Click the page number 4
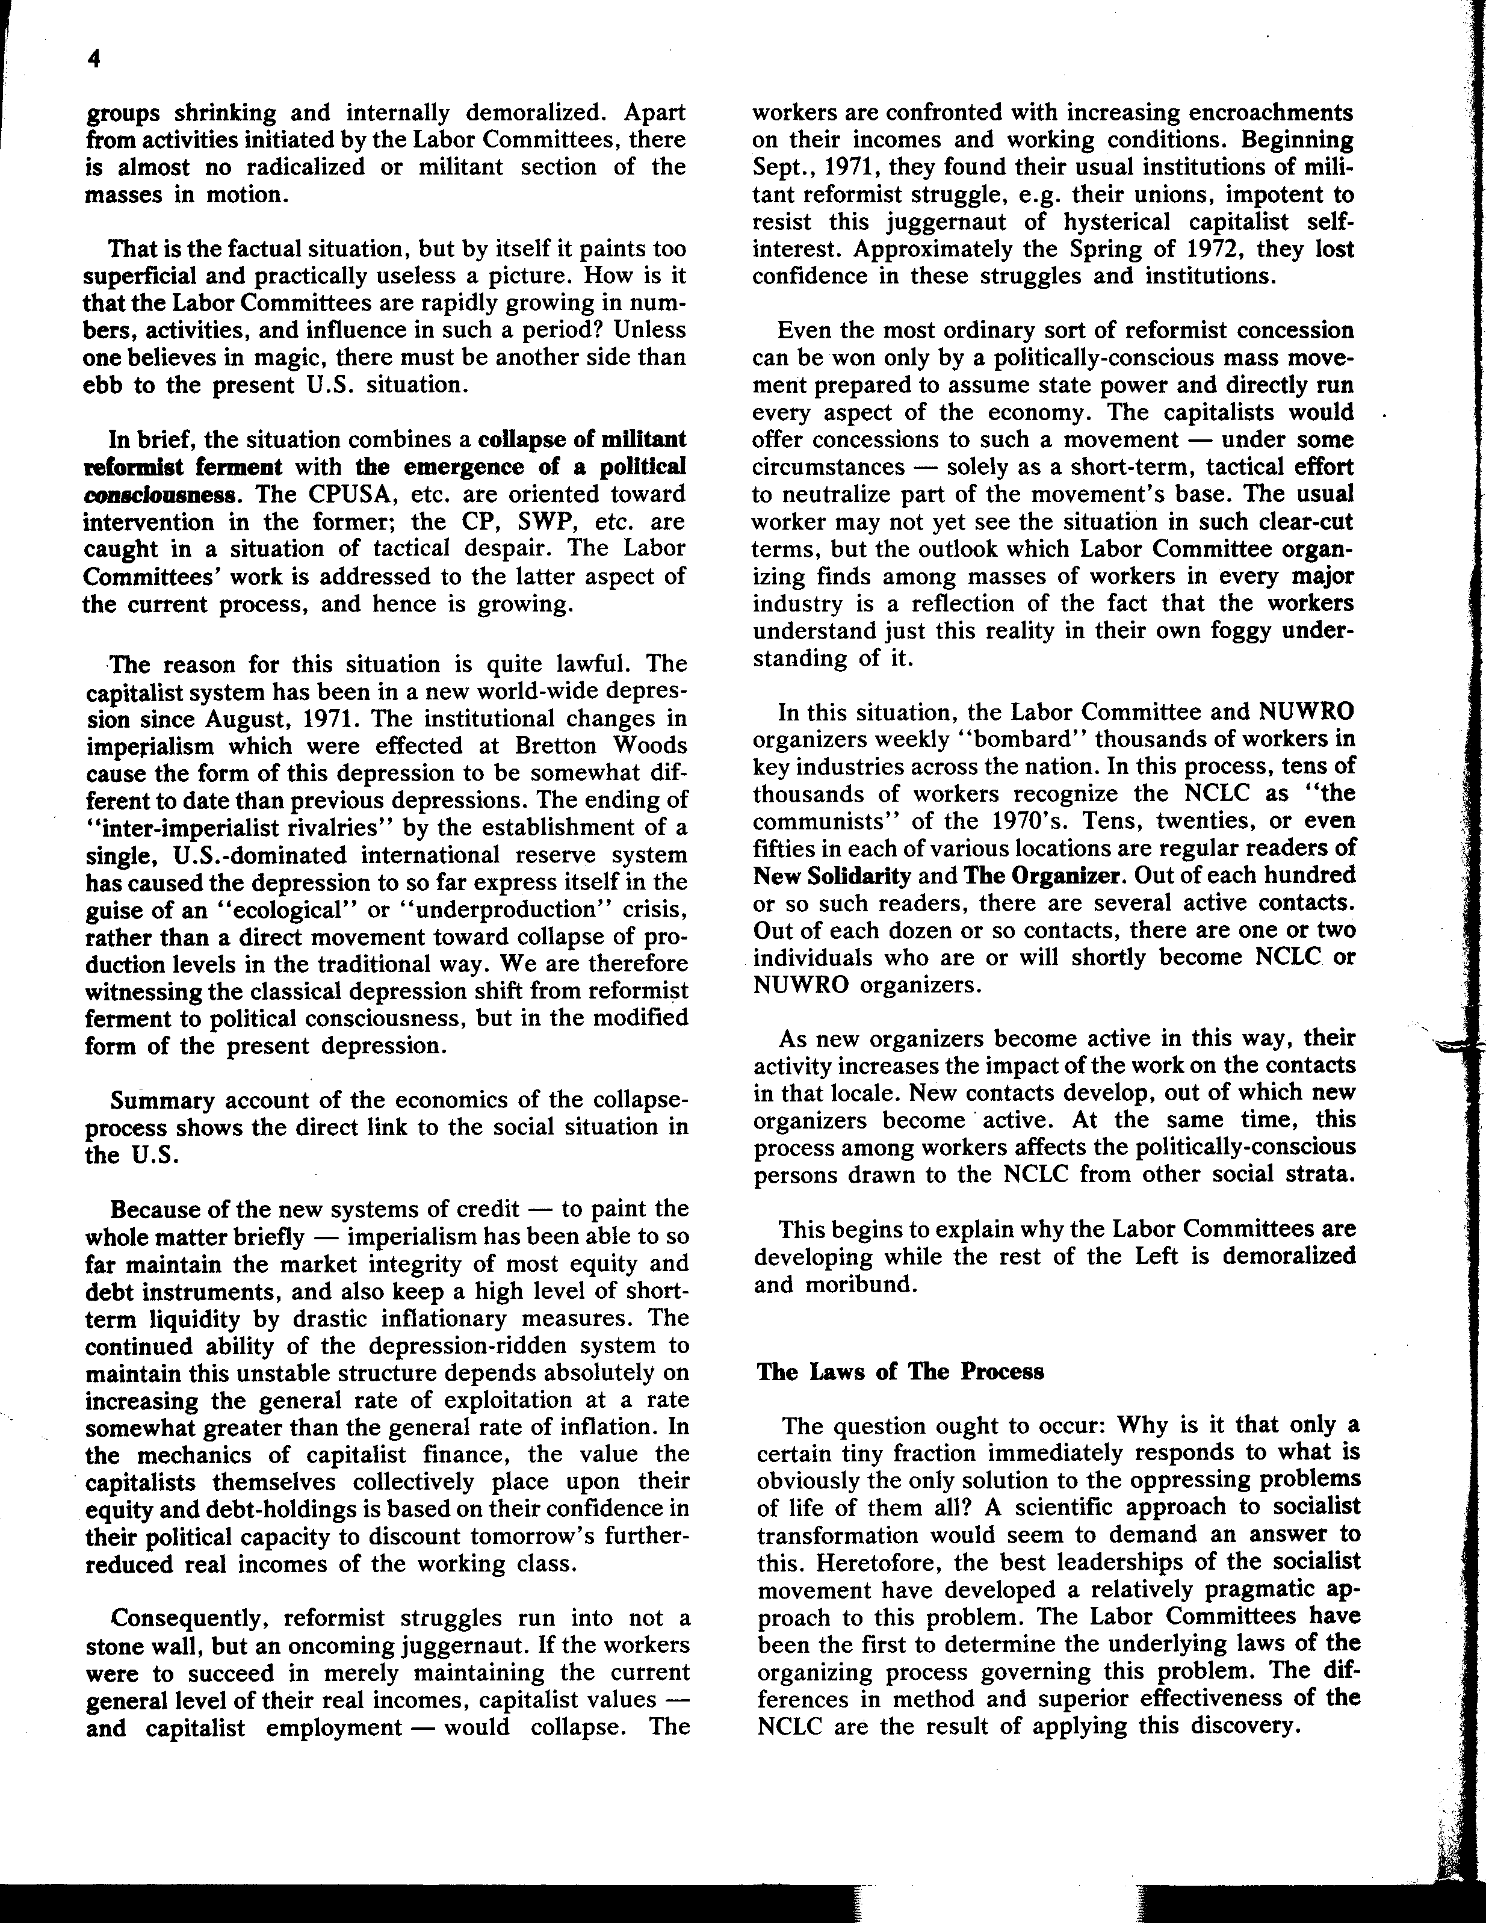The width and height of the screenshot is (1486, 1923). click(95, 59)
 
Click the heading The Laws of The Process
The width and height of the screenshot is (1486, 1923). click(900, 1372)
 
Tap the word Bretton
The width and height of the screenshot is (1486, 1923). click(556, 746)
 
